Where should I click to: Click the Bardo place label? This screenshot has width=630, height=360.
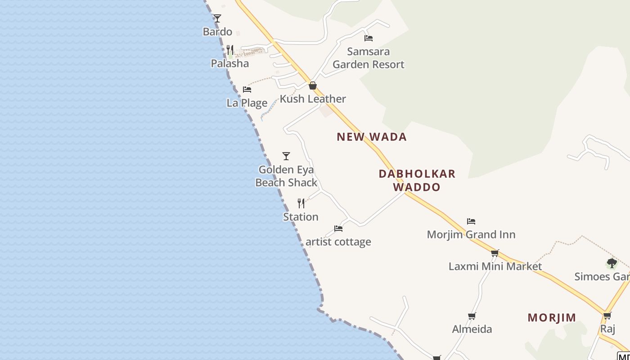[217, 32]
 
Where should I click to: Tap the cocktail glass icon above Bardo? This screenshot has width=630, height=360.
[217, 18]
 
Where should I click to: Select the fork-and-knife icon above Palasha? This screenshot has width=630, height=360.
[230, 49]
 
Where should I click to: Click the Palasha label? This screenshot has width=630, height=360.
[230, 63]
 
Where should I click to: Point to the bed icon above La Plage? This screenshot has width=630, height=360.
[247, 90]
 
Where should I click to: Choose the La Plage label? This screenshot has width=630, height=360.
[247, 103]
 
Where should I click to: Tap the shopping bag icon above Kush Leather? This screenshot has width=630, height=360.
[313, 85]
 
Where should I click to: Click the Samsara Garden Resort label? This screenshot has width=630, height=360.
[369, 58]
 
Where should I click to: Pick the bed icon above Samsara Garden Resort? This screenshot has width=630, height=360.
[369, 38]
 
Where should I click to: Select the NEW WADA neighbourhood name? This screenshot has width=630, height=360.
[372, 137]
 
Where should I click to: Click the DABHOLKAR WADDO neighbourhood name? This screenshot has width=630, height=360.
[417, 180]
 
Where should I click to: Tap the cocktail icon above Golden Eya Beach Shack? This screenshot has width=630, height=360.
[286, 156]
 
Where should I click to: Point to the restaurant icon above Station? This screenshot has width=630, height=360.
[301, 203]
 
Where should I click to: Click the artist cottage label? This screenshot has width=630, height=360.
[338, 242]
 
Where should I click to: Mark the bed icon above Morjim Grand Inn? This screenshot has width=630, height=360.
[471, 221]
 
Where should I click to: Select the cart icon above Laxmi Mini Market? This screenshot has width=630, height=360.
[495, 253]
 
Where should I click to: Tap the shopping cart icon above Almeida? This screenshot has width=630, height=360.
[472, 316]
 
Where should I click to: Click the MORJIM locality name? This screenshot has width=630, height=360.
[552, 318]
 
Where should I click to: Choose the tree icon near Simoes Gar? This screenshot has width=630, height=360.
[612, 263]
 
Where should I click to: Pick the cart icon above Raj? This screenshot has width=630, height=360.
[607, 316]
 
